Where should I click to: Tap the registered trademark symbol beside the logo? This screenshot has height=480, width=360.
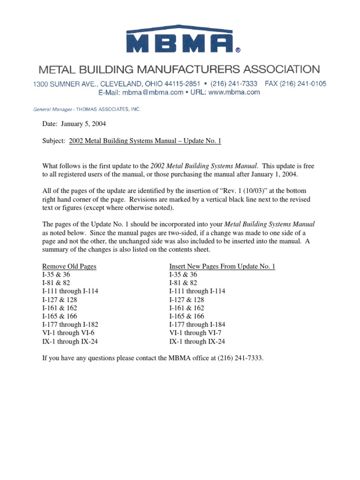(x=238, y=49)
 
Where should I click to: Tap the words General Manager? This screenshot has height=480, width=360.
(x=52, y=109)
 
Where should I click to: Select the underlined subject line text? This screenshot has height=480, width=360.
(x=144, y=141)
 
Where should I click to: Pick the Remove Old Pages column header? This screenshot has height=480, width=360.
(x=69, y=266)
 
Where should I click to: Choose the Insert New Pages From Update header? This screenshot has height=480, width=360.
(x=222, y=266)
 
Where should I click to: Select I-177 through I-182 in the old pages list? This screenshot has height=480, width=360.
(x=70, y=324)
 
